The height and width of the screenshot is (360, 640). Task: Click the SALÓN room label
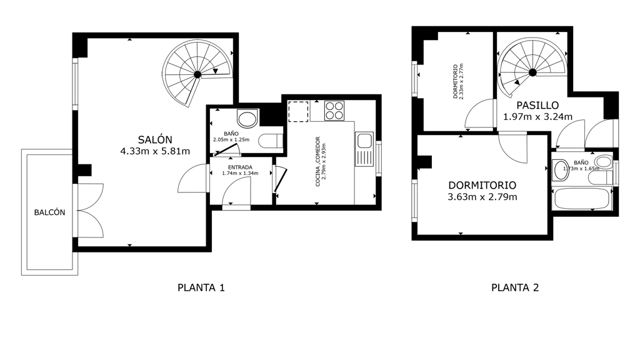[x=155, y=139]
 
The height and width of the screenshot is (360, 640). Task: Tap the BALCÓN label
[x=49, y=212]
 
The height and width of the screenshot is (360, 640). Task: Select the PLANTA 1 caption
[x=201, y=287]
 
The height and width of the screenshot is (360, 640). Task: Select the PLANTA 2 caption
[x=515, y=287]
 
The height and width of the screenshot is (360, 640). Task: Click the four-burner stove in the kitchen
[x=334, y=111]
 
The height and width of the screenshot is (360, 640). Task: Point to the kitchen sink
[x=364, y=149]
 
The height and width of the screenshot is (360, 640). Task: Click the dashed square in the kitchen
[x=298, y=111]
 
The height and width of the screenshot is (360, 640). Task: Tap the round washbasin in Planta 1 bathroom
[x=247, y=119]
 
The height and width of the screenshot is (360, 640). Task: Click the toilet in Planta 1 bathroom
[x=271, y=141]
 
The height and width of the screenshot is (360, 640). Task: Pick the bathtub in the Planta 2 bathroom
[x=582, y=199]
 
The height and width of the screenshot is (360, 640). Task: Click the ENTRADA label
[x=240, y=167]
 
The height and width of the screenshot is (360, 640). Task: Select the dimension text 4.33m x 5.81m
[x=155, y=151]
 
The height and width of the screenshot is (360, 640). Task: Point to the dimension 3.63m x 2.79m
[x=482, y=197]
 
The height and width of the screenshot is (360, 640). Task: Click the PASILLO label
[x=537, y=105]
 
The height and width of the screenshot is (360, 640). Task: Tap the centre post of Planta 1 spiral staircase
[x=197, y=74]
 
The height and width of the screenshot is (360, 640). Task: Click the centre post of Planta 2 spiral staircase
[x=532, y=72]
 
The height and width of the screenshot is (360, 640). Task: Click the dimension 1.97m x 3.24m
[x=537, y=117]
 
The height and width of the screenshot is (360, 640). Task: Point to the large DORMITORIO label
[x=482, y=185]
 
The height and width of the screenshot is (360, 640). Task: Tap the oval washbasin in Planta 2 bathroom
[x=561, y=170]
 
